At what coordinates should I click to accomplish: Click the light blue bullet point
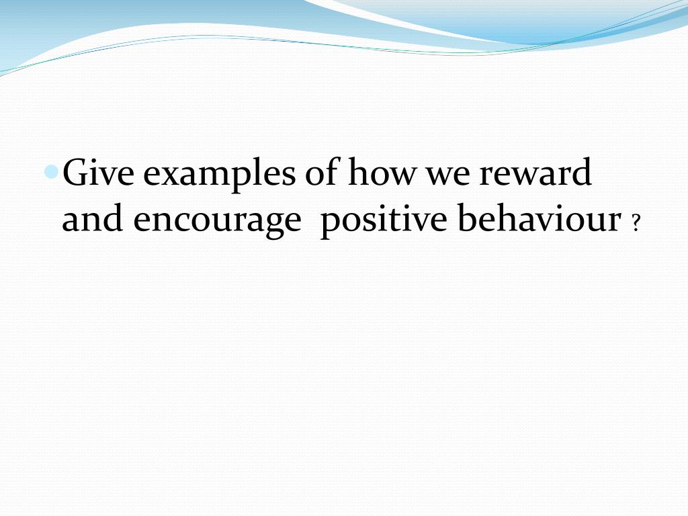(52, 172)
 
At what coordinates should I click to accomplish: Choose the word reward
(535, 173)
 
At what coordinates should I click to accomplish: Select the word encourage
(216, 222)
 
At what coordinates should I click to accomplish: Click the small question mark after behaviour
(635, 226)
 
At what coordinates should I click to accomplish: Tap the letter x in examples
(167, 176)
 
